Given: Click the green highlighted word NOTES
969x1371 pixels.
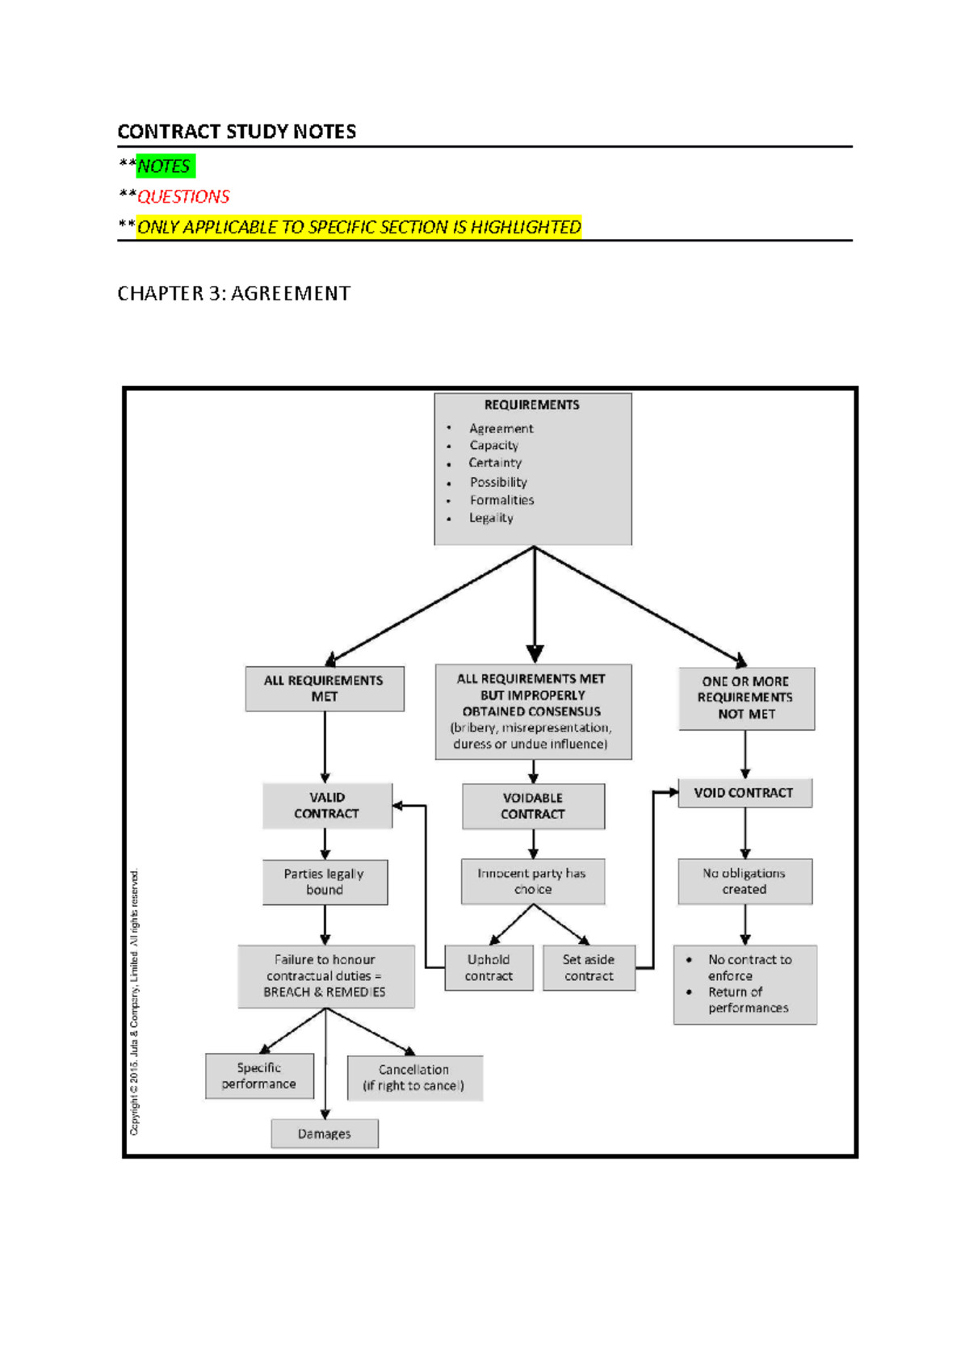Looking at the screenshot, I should click(165, 166).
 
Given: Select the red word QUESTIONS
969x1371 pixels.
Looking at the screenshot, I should click(183, 197).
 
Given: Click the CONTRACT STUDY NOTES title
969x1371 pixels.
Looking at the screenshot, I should click(237, 132).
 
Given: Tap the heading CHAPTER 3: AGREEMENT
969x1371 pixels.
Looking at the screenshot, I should click(234, 293).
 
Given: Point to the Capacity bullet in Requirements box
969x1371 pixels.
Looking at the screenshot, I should click(493, 446).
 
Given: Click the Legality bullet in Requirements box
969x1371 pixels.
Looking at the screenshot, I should click(491, 518).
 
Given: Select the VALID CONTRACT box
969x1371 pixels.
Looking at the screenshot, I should click(327, 806).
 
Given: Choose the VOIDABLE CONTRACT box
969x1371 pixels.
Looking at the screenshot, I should click(533, 806).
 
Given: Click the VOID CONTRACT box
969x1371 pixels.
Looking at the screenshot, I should click(745, 793).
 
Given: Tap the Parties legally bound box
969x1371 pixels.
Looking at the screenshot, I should click(325, 882).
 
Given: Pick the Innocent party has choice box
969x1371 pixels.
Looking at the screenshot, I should click(533, 881).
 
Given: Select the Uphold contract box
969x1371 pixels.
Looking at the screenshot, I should click(489, 968).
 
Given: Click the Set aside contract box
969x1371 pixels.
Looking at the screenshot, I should click(589, 968).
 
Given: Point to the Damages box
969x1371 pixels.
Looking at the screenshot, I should click(325, 1134).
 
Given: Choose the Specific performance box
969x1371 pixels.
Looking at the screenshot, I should click(259, 1076).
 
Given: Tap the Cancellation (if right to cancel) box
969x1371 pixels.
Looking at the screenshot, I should click(414, 1078).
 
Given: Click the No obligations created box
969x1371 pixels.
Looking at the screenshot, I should click(745, 881).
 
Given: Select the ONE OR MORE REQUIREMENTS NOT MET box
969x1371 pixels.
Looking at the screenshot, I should click(746, 698).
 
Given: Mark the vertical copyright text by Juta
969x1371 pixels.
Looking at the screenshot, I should click(135, 1002).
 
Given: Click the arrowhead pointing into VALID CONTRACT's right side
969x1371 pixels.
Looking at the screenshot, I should click(398, 805).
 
